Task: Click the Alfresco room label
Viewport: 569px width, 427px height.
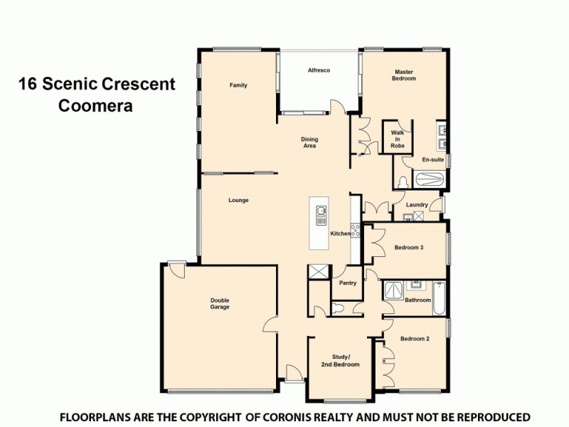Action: point(318,70)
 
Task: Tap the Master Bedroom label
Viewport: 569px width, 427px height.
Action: point(404,75)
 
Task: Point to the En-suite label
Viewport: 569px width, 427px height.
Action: point(432,160)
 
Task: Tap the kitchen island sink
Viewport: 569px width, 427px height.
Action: point(321,211)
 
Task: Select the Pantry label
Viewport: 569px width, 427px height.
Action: point(348,283)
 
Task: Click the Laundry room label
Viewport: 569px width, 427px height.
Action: point(417,205)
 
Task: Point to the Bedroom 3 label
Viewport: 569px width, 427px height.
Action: point(409,248)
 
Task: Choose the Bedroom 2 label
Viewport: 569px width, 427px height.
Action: point(414,339)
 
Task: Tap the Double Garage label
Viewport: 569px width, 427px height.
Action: point(219,303)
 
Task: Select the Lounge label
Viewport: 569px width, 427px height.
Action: point(238,200)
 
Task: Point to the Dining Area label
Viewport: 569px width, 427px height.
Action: point(309,142)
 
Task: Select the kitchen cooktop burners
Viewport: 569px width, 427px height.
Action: point(356,231)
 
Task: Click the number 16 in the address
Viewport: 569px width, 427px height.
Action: point(27,85)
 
